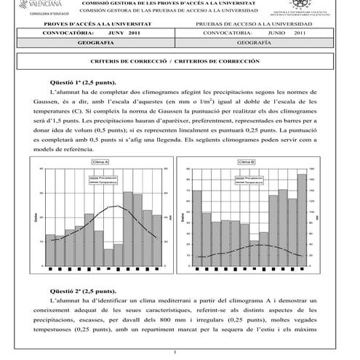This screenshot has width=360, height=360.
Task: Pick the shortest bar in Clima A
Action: pyautogui.click(x=108, y=257)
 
